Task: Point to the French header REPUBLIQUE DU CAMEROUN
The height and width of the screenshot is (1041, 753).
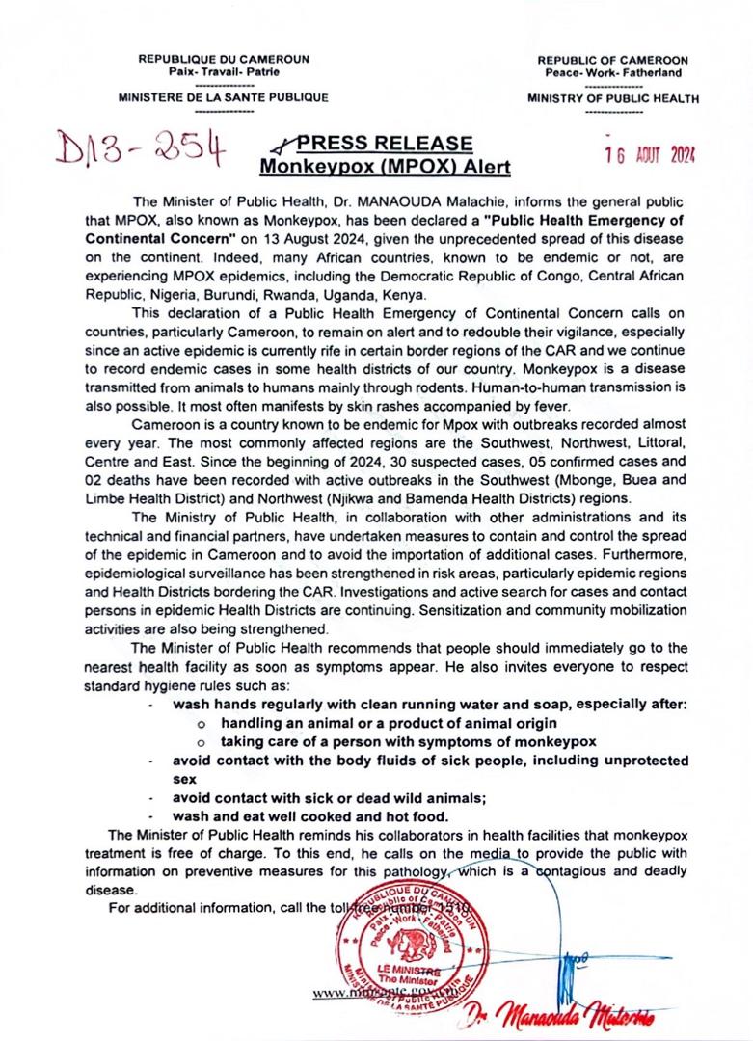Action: pyautogui.click(x=224, y=59)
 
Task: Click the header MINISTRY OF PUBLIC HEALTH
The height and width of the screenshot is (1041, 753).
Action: pyautogui.click(x=613, y=97)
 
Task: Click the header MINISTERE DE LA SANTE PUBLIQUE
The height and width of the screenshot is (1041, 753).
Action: pyautogui.click(x=223, y=97)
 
